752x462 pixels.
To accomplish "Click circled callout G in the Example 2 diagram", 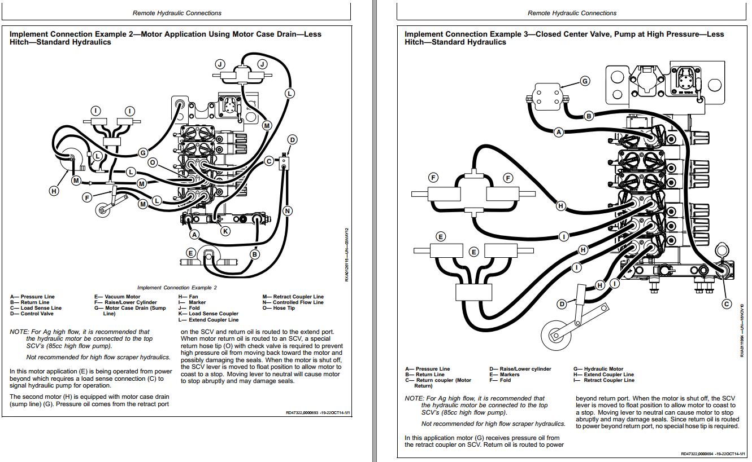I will point(143,152).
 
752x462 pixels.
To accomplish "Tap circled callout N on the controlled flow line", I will point(287,211).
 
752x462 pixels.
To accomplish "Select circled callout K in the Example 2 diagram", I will point(225,231).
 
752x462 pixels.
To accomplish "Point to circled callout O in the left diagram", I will point(152,162).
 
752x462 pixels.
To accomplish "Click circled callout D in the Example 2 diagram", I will point(292,140).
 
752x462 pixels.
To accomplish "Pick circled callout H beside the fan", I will point(54,191).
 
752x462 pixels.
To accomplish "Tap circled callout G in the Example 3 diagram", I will point(585,81).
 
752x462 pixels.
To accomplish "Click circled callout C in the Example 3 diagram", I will point(727,304).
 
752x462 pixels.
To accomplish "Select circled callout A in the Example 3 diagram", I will point(559,132).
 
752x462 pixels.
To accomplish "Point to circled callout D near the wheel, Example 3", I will point(562,304).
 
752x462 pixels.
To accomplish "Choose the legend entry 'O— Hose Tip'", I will point(278,308).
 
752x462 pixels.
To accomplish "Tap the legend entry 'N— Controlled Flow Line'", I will point(293,302).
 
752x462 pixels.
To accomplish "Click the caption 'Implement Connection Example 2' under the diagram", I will point(177,288).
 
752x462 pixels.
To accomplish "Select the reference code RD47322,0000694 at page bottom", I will point(697,454).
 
